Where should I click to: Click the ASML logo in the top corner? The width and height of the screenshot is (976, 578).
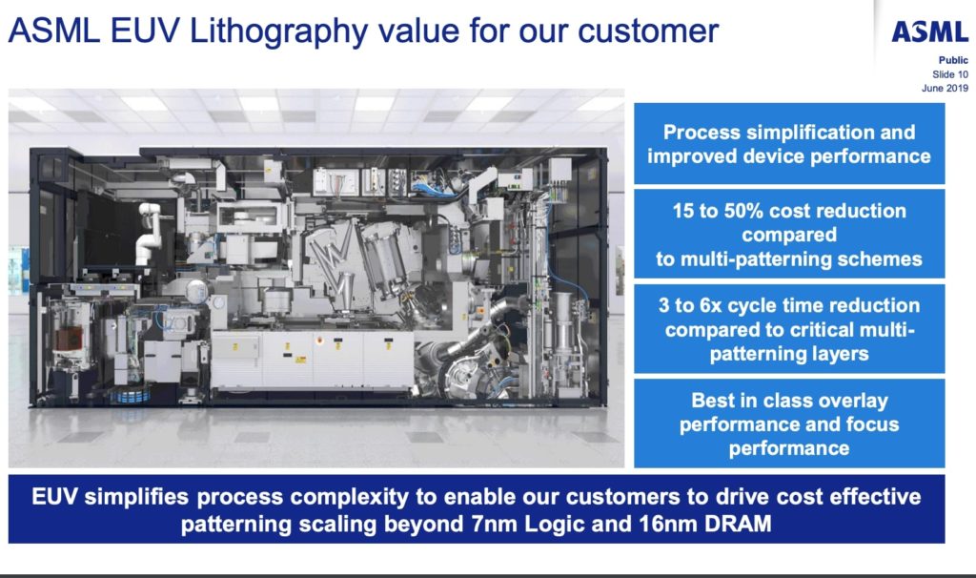point(929,32)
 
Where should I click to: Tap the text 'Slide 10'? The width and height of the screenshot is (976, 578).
point(949,74)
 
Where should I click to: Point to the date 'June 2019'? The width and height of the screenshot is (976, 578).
point(945,89)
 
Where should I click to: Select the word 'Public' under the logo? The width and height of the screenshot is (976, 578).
point(953,60)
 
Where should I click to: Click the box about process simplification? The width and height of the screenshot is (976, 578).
point(788,143)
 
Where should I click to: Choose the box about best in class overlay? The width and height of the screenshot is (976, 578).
point(788,423)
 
